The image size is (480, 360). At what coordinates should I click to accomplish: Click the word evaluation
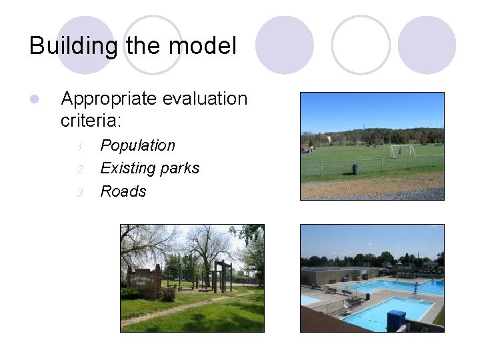(x=203, y=99)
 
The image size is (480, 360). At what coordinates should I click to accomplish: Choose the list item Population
(x=137, y=145)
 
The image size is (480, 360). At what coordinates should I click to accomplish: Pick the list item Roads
(x=123, y=191)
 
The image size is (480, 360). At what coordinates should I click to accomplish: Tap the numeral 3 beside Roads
(x=80, y=193)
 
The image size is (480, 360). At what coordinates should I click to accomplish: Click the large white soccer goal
(x=402, y=150)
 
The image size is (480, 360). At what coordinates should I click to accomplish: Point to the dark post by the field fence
(x=355, y=169)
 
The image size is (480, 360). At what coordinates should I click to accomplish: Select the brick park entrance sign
(x=145, y=283)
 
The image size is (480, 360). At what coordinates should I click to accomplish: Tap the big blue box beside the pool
(x=396, y=321)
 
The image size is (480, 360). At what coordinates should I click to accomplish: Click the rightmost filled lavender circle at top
(x=427, y=45)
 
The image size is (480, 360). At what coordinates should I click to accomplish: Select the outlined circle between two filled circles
(x=361, y=45)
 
